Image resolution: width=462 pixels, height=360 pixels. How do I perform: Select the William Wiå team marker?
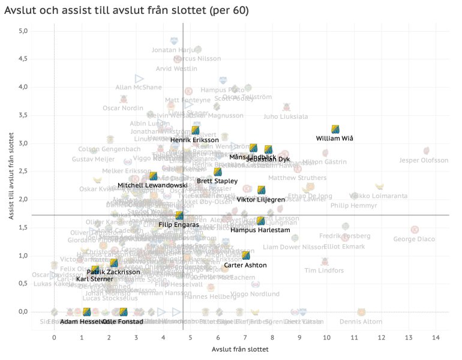(x=336, y=129)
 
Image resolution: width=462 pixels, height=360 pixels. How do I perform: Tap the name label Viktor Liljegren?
(x=260, y=199)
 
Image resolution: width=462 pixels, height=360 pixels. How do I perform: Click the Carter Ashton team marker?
(x=245, y=256)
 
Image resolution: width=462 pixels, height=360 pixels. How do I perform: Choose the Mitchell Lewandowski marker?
(x=153, y=176)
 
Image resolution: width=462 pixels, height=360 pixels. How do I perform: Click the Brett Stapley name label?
(x=217, y=181)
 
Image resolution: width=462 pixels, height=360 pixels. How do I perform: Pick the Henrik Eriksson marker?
(x=195, y=130)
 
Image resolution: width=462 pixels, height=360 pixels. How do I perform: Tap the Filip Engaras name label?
(x=179, y=224)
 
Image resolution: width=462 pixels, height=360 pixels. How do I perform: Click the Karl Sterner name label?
(x=94, y=279)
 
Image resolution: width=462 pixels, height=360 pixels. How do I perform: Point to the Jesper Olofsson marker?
(x=426, y=151)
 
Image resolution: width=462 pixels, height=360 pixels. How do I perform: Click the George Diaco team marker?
(x=414, y=230)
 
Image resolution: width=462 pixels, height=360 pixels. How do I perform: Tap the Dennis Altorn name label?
(x=361, y=322)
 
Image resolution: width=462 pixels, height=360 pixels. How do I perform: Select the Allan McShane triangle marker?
(x=139, y=79)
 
